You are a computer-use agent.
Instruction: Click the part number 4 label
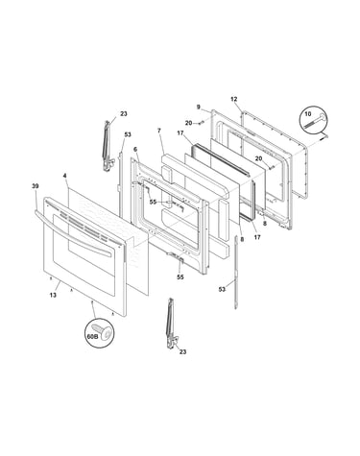[x=65, y=176]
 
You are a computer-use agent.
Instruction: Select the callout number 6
[x=135, y=149]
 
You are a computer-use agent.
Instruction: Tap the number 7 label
[x=159, y=131]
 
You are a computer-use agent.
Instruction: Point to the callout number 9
[x=199, y=108]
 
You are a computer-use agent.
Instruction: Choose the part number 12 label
[x=234, y=99]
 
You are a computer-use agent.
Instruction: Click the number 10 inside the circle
[x=307, y=113]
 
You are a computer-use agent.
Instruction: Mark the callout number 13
[x=53, y=295]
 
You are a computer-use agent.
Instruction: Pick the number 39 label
[x=36, y=186]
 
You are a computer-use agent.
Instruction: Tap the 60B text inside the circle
[x=92, y=336]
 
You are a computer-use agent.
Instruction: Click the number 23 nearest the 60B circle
[x=182, y=352]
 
